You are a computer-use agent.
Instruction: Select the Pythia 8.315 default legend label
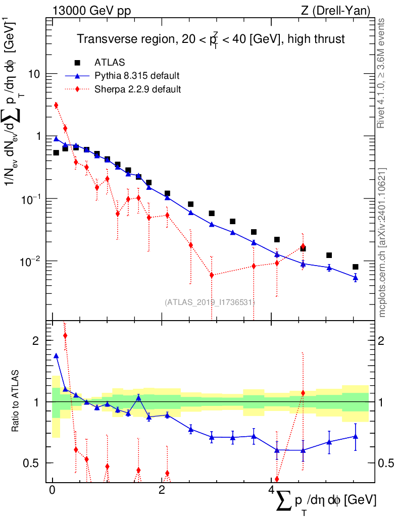pyautogui.click(x=137, y=76)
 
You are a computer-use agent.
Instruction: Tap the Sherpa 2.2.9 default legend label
pyautogui.click(x=138, y=89)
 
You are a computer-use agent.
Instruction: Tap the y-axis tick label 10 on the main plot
pyautogui.click(x=34, y=74)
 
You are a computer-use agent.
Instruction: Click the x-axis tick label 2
pyautogui.click(x=162, y=491)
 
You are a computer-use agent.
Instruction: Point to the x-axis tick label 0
pyautogui.click(x=52, y=491)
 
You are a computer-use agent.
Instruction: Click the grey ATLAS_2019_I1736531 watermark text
pyautogui.click(x=209, y=302)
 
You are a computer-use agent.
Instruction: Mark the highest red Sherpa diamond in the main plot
pyautogui.click(x=56, y=105)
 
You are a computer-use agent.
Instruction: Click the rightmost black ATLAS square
pyautogui.click(x=356, y=267)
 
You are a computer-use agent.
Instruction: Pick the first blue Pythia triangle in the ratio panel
pyautogui.click(x=56, y=355)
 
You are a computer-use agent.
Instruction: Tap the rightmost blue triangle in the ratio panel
pyautogui.click(x=356, y=436)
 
